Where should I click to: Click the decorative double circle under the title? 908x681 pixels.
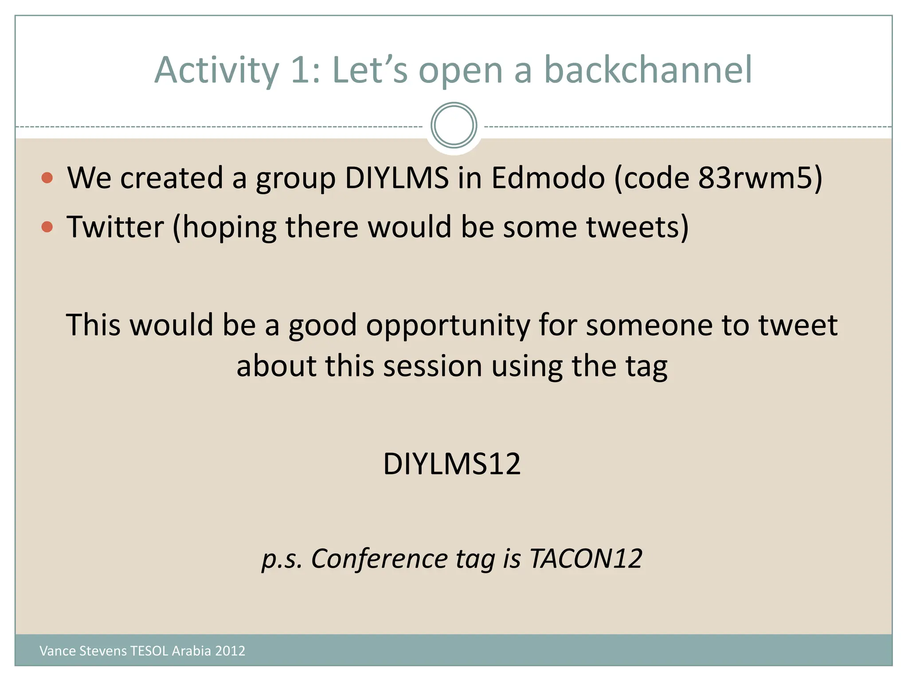pos(454,125)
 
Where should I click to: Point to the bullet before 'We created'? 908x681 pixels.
pos(47,178)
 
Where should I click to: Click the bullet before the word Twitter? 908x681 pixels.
pos(47,227)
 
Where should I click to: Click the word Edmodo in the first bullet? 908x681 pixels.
pos(548,178)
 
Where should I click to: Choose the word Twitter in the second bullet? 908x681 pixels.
pos(115,227)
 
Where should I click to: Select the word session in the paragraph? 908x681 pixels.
pos(432,367)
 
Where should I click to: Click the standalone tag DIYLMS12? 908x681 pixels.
pos(451,464)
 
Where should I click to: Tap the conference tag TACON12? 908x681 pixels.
pos(585,559)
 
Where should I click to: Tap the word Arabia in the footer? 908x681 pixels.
pos(191,651)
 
